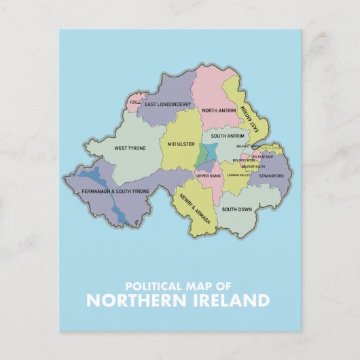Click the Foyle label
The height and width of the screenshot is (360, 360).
pos(135,105)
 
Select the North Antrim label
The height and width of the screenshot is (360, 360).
pos(219,111)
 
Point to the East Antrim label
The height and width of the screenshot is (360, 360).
pos(255,123)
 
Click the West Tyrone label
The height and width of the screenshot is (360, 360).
pos(130,147)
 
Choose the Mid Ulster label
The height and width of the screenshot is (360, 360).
pos(181,145)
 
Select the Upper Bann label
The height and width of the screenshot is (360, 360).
pos(209,176)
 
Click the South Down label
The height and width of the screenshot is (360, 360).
pos(237,209)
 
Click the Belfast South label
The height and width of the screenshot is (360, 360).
pos(253,166)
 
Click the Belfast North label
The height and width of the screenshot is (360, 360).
pos(248,145)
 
